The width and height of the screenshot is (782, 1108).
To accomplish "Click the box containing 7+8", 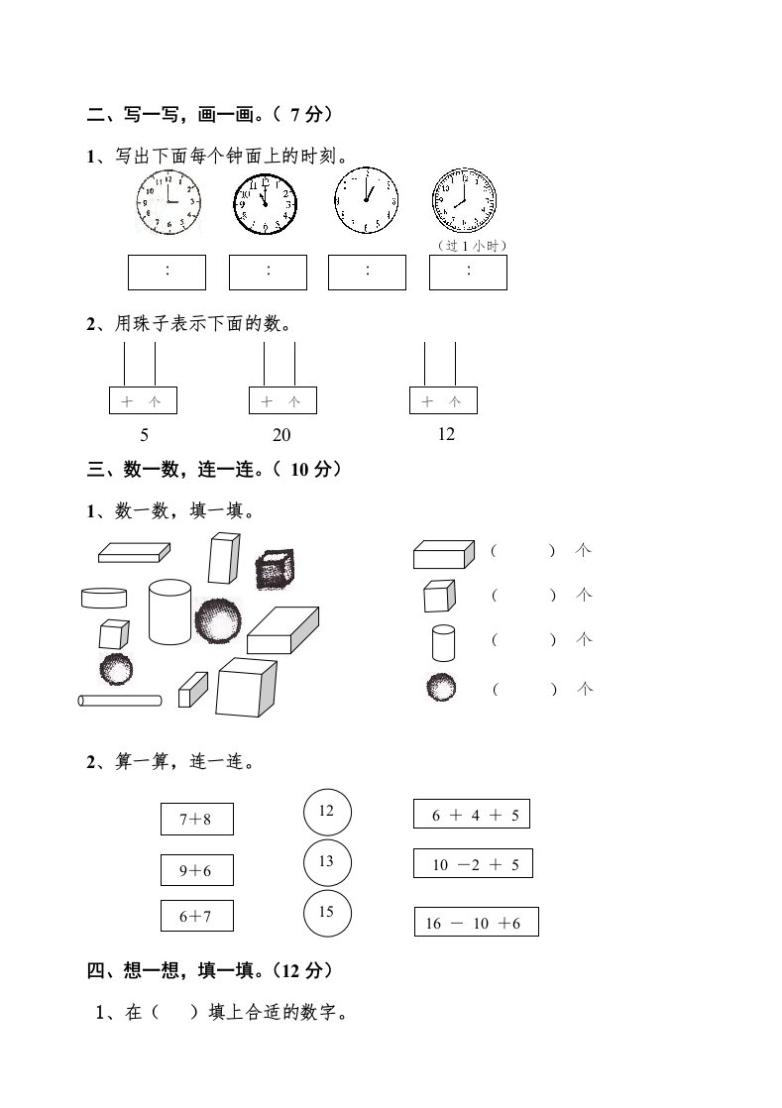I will (x=197, y=820).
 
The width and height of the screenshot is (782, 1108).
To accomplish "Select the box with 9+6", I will (x=197, y=870).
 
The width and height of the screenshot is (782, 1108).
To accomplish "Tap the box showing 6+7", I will (x=197, y=916).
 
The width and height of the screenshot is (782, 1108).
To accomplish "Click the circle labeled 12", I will (x=327, y=812).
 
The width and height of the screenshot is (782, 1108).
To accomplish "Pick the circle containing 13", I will (x=327, y=862).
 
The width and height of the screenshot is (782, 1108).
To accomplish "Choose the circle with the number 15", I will (x=327, y=913).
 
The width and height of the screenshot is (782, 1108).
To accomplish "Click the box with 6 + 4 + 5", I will (x=472, y=815).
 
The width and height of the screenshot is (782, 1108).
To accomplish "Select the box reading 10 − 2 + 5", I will (x=473, y=864).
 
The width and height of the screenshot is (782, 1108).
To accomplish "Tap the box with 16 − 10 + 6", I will (x=476, y=923).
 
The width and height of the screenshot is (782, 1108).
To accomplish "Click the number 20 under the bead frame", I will (x=281, y=434).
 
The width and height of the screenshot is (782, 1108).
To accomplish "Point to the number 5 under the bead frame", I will (x=145, y=434).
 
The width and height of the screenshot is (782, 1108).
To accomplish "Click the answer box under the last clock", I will (x=468, y=272).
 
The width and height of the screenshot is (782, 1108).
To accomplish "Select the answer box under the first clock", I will (x=168, y=272).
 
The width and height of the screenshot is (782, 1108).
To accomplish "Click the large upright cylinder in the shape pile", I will (x=169, y=611).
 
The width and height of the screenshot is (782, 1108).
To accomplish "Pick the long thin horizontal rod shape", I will (x=119, y=701).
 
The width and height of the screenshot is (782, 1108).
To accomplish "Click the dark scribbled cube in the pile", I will (x=273, y=571).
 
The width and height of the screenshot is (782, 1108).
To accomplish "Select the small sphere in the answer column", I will (x=441, y=687).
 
